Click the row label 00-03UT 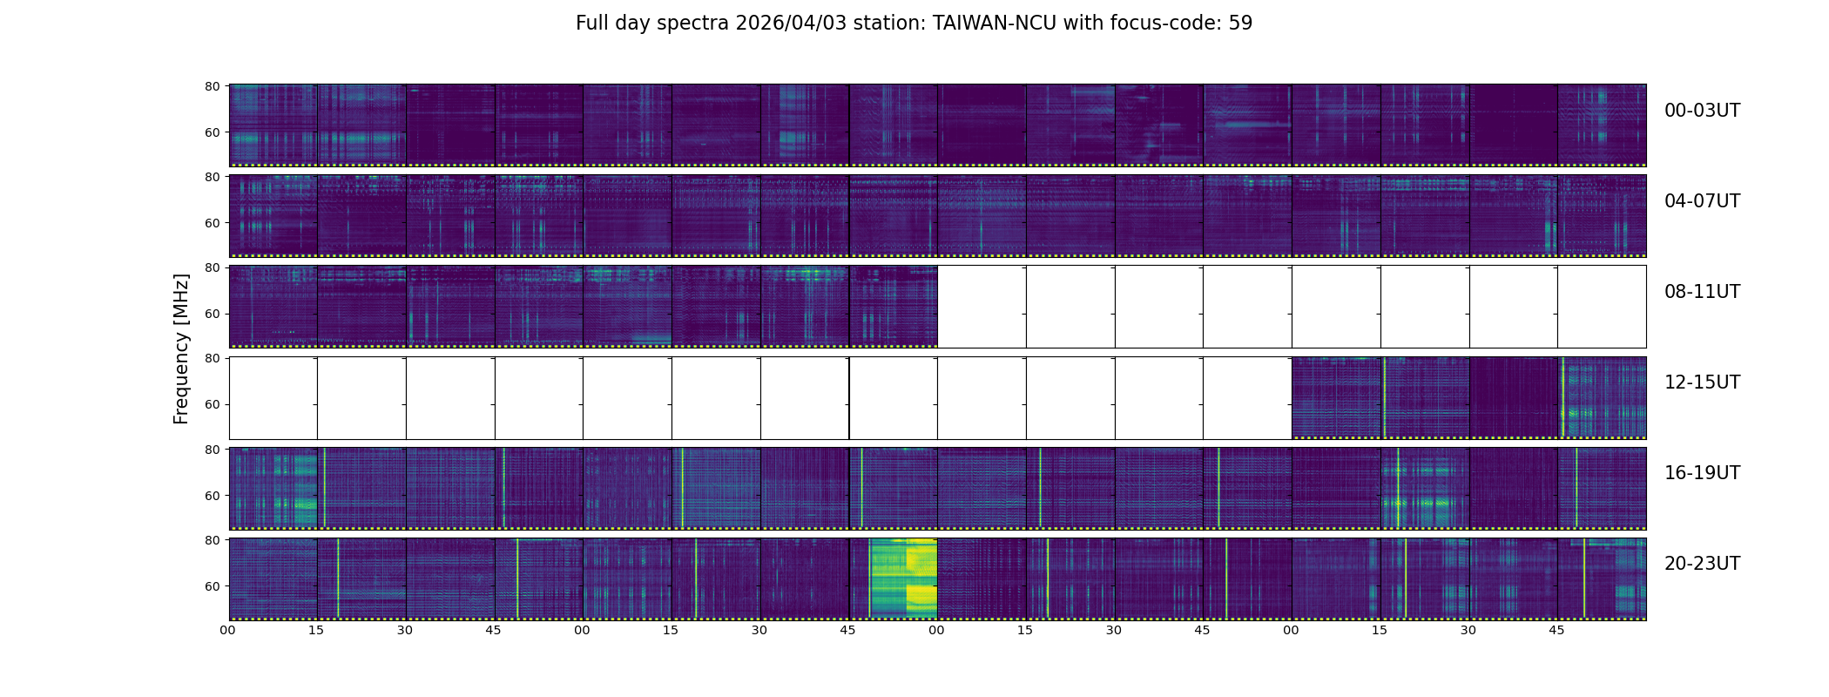1701,111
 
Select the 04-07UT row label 1701,201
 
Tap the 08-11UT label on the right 1701,292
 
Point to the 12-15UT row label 1701,382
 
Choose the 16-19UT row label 1701,473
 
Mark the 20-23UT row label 1701,564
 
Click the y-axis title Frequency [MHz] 181,348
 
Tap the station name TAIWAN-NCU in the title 995,24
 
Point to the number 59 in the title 1240,24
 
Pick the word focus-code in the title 1165,24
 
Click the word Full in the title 592,24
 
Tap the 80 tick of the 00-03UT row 213,86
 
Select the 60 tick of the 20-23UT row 213,586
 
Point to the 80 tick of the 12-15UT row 213,358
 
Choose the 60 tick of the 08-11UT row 213,314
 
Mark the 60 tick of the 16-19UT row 213,496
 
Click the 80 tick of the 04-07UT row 213,177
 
